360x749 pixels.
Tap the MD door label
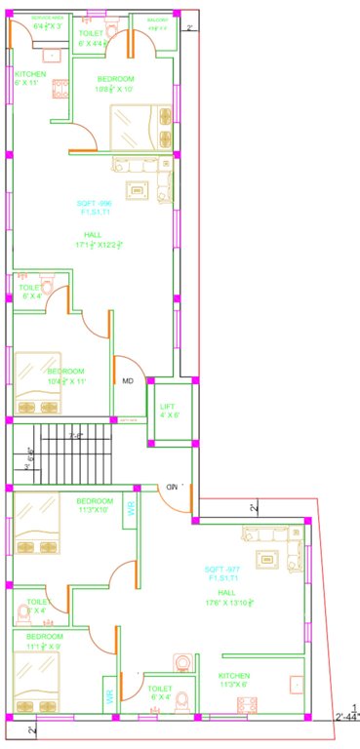click(127, 381)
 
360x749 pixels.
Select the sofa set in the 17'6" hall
click(266, 546)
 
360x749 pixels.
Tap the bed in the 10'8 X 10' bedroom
click(142, 127)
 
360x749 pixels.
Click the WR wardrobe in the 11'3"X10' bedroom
click(129, 508)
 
